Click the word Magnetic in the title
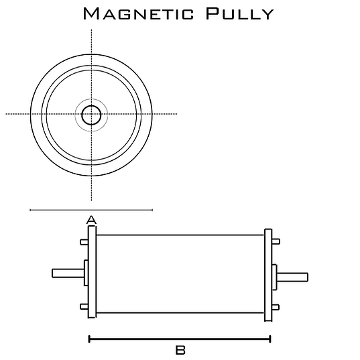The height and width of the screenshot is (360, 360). [139, 13]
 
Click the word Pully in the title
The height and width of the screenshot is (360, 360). [239, 13]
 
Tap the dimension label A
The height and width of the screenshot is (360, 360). [91, 220]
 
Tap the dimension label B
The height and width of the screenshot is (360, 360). [180, 351]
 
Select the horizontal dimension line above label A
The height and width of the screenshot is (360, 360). [91, 210]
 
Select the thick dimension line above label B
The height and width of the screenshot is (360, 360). [180, 339]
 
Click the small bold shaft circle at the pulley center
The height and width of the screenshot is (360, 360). [91, 115]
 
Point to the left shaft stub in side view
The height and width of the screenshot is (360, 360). [68, 274]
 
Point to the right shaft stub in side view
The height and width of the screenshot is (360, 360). [292, 277]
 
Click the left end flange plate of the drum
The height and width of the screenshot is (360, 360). [92, 272]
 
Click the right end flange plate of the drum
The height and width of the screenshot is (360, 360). [268, 275]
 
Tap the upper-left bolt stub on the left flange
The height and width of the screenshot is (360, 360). [84, 242]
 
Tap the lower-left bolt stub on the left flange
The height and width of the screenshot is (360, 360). [84, 306]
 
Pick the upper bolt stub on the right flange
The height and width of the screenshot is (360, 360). [276, 241]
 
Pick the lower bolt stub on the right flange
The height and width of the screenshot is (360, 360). [276, 307]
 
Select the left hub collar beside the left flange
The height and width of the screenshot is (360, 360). [86, 273]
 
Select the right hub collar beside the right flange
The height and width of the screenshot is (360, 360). [275, 277]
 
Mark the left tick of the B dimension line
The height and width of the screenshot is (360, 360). [89, 339]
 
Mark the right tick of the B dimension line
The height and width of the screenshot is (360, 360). [270, 339]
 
